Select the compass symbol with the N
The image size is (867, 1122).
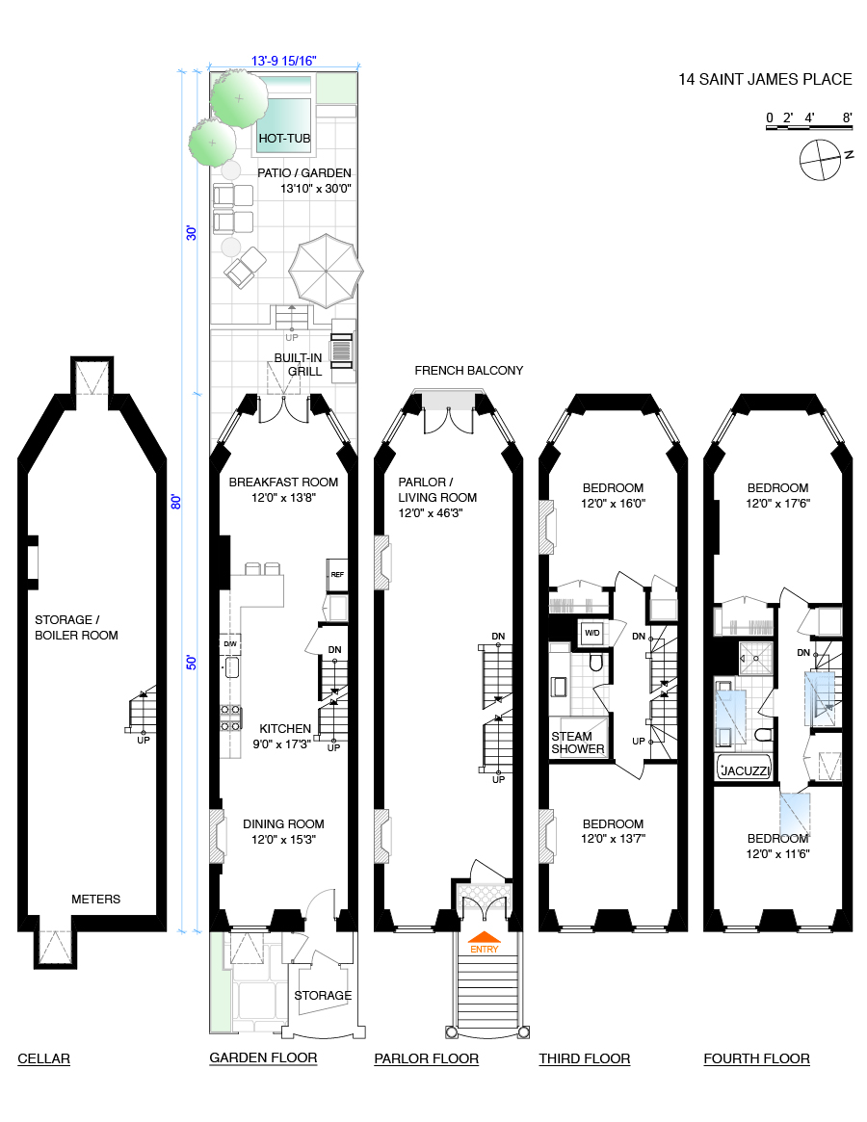(x=821, y=159)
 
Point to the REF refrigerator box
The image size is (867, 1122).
(x=337, y=575)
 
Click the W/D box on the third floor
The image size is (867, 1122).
(x=592, y=634)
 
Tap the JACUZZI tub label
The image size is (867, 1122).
(x=741, y=770)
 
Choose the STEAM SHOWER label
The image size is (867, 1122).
(x=578, y=743)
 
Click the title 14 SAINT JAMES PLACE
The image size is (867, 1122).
(x=766, y=79)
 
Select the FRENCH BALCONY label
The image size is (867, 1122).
(x=469, y=370)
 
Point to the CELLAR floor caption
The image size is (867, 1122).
(x=44, y=1058)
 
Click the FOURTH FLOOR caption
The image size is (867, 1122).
(x=756, y=1058)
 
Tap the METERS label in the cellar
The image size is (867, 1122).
(x=96, y=899)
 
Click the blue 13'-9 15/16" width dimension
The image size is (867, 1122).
(x=284, y=61)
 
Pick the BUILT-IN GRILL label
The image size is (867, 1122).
(x=298, y=365)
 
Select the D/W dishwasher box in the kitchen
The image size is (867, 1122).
(x=230, y=643)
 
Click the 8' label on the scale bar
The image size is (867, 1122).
(x=847, y=118)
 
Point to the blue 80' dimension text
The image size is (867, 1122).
(x=176, y=501)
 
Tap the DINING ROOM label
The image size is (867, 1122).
(x=283, y=823)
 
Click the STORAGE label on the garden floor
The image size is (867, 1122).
(x=323, y=995)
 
